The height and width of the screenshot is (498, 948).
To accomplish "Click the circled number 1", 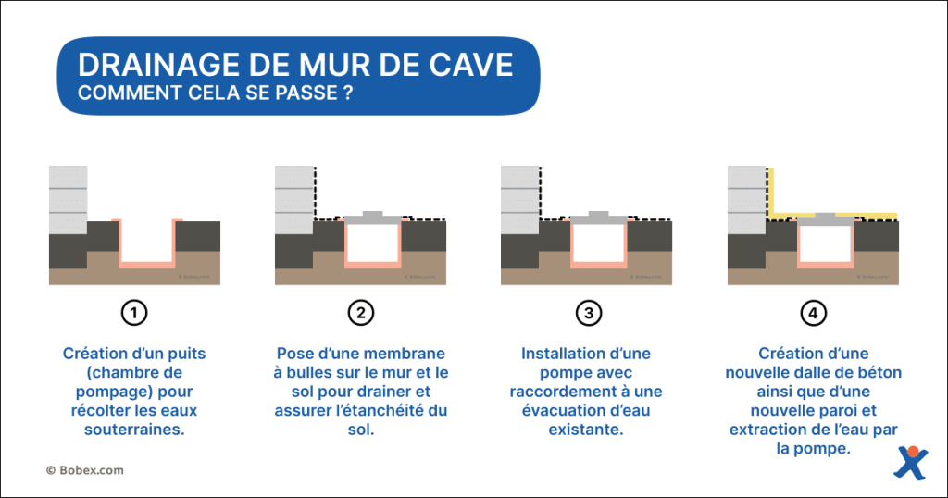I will point(134,314).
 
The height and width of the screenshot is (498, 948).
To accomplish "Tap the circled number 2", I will point(360,314).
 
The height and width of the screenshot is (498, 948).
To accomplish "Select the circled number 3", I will point(587,314).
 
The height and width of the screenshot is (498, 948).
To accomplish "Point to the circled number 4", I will point(813,314).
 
